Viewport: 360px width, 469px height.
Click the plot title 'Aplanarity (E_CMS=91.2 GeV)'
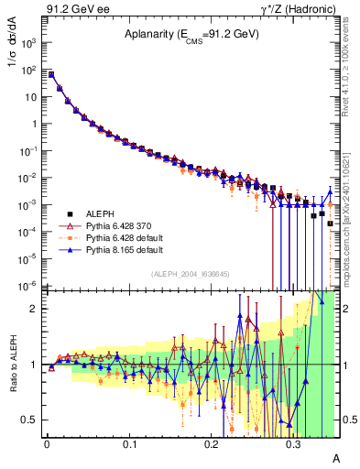tap(191, 35)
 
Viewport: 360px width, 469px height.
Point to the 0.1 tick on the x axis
tap(129, 442)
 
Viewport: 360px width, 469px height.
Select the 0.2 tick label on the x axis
tap(212, 442)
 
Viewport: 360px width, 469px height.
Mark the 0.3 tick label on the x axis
tap(293, 442)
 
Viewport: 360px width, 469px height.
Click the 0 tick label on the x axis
tap(47, 442)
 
